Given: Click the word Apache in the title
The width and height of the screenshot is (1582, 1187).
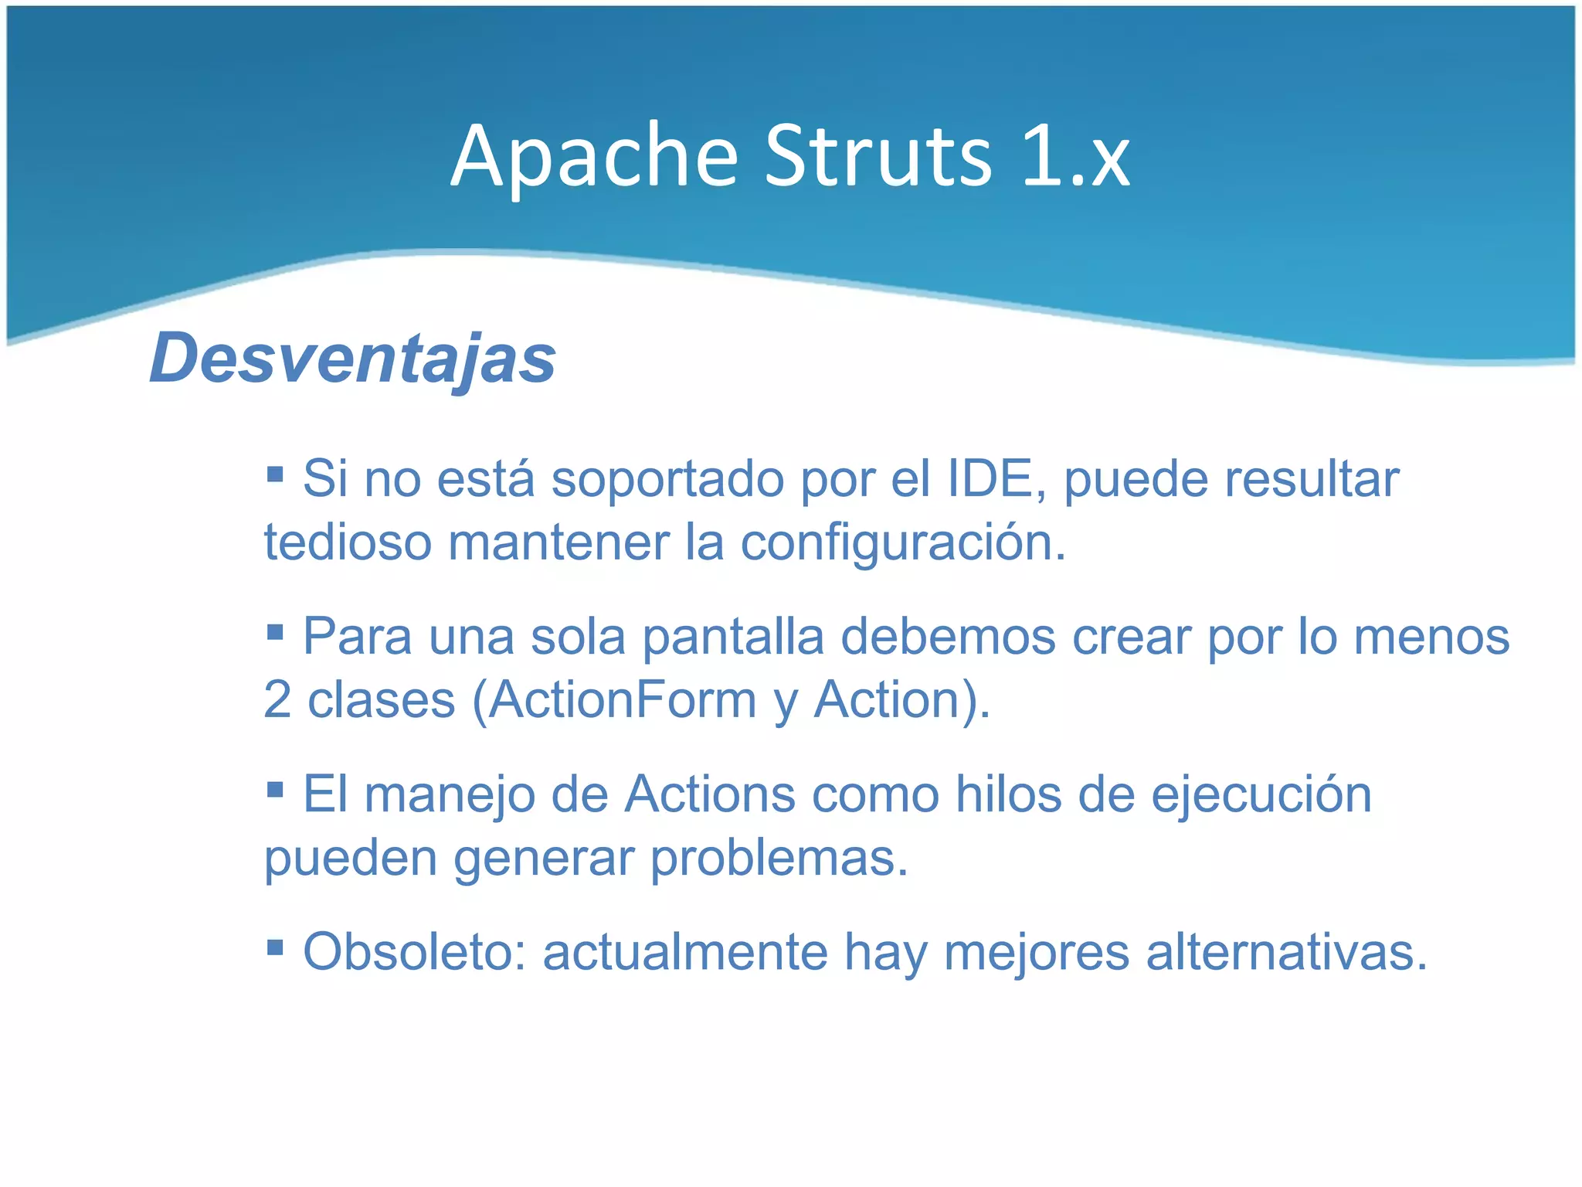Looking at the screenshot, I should click(x=595, y=158).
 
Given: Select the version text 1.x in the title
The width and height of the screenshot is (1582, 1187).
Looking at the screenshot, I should click(x=1076, y=158).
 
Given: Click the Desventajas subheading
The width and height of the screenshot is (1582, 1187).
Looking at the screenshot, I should click(x=352, y=358).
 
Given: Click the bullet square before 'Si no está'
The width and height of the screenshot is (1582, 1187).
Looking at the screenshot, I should click(x=275, y=472).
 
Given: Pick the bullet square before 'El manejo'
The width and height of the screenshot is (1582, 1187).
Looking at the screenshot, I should click(x=275, y=789).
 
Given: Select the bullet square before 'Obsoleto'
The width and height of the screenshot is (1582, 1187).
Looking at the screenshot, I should click(x=275, y=947).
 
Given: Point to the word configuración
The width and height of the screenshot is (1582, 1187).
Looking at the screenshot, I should click(x=903, y=543).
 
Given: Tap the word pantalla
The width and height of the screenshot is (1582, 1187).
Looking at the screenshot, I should click(x=733, y=638).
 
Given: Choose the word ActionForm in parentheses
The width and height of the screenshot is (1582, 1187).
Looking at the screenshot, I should click(x=623, y=701).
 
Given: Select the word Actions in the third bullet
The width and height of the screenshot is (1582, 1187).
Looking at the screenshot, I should click(x=709, y=795).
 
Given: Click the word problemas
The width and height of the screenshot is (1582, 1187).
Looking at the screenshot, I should click(x=779, y=859).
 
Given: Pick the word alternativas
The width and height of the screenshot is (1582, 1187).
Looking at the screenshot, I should click(x=1286, y=953).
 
